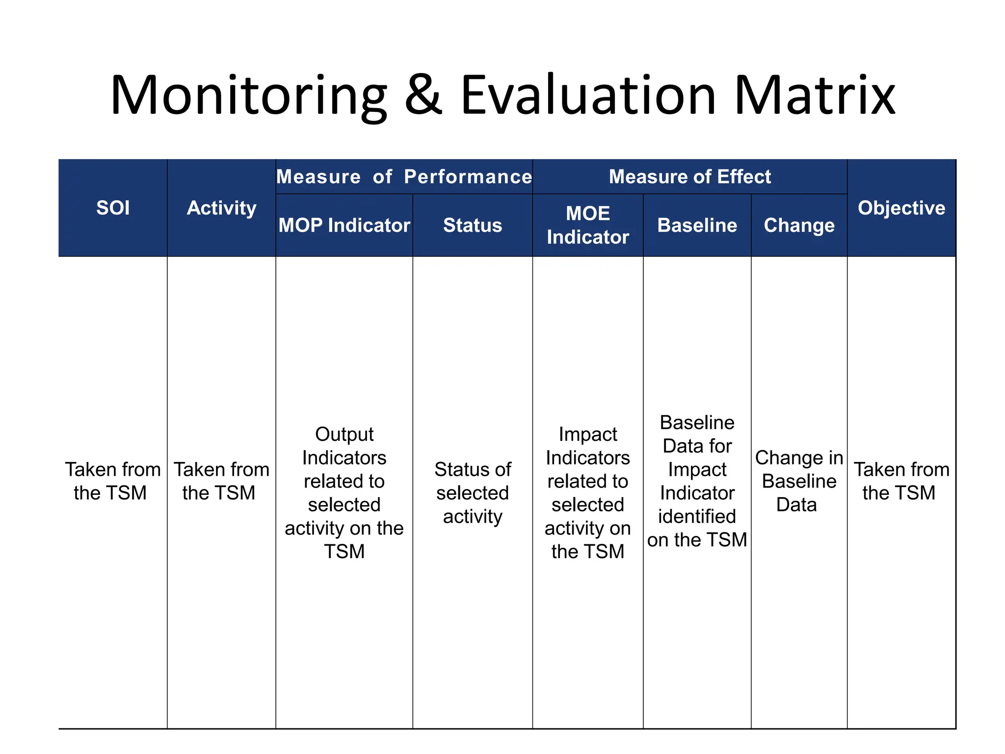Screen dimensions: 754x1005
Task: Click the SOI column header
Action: point(113,208)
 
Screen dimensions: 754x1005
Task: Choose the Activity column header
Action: point(221,208)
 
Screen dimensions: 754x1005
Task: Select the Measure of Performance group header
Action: point(404,177)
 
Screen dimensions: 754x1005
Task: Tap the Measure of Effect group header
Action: point(689,177)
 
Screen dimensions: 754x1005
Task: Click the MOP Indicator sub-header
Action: point(344,225)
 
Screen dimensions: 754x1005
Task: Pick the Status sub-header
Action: point(473,225)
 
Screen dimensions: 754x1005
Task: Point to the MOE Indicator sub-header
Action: point(588,225)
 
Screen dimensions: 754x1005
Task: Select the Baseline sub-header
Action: point(697,225)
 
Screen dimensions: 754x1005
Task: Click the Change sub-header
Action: point(799,225)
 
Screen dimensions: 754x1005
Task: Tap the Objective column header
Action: point(901,208)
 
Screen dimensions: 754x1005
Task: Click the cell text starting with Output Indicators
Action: point(344,493)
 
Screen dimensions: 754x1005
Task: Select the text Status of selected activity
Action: point(473,493)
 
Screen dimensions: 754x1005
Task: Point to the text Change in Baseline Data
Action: point(799,481)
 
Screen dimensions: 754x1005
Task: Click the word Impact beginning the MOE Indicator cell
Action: point(588,434)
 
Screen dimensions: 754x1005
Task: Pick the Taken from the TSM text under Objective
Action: point(901,481)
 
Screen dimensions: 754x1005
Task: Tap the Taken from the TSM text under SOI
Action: point(113,481)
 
